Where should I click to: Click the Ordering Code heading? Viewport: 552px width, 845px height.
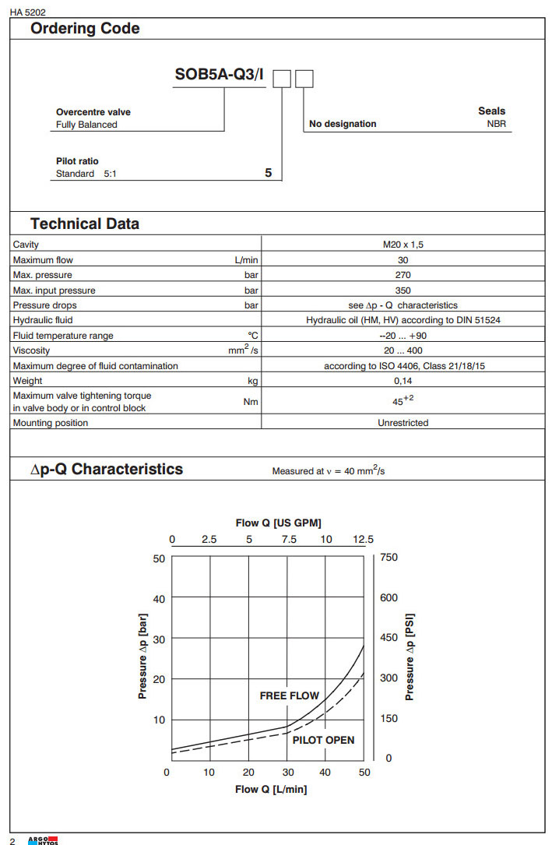pos(85,29)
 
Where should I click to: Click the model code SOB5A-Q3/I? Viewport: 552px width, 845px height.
pos(220,78)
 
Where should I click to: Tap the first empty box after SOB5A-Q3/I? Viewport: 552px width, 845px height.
pos(282,79)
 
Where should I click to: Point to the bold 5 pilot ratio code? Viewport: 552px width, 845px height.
pos(269,174)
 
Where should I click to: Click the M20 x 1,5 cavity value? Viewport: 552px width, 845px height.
pos(403,245)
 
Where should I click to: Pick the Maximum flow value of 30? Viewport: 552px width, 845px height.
pos(403,260)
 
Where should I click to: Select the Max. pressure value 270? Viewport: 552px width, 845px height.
pos(403,275)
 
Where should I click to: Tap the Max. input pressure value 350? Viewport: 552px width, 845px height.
pos(403,290)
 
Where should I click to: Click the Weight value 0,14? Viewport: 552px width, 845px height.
pos(403,381)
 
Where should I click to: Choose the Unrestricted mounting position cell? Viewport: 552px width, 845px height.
pos(403,423)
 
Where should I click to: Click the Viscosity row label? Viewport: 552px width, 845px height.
pos(32,350)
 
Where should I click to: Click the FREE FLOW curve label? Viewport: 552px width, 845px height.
pos(289,695)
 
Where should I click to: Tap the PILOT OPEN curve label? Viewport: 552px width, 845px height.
pos(323,740)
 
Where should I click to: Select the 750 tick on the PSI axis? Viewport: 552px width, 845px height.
pos(389,558)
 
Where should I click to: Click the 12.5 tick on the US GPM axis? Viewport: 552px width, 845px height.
pos(363,539)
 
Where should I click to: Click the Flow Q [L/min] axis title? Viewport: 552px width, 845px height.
pos(271,790)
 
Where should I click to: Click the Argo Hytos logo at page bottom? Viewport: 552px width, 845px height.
pos(43,840)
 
